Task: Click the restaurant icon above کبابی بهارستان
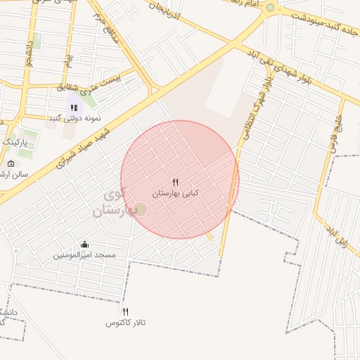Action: (x=175, y=182)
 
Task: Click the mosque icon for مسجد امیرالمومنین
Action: (x=85, y=245)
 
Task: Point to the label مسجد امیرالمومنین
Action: (x=85, y=255)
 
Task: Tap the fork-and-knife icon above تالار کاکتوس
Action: (x=126, y=311)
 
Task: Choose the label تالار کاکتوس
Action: (x=125, y=322)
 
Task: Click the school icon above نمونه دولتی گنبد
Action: (x=73, y=108)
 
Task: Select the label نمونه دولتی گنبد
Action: (x=75, y=118)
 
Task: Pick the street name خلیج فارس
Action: (x=336, y=134)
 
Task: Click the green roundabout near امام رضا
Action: (x=270, y=7)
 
